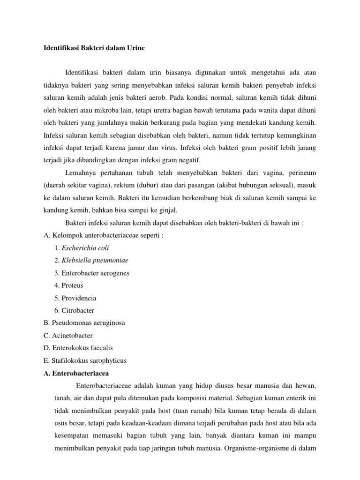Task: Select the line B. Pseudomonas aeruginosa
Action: [x=83, y=323]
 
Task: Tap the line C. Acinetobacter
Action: [x=67, y=336]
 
